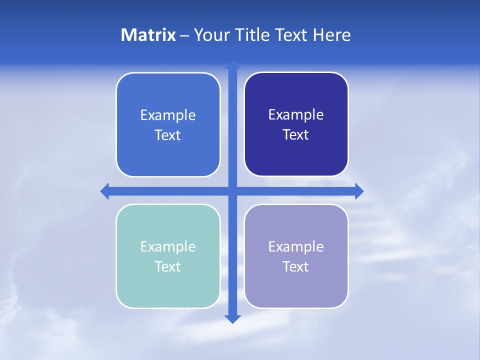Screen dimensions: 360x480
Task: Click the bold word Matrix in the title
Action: (x=148, y=35)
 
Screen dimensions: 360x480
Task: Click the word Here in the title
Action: (x=332, y=35)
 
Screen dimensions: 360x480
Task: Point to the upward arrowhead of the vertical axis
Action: (x=232, y=64)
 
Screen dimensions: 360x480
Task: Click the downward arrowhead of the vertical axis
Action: (x=232, y=319)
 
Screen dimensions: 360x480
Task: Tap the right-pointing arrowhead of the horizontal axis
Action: (x=359, y=191)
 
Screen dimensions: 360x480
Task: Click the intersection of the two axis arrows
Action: (x=232, y=191)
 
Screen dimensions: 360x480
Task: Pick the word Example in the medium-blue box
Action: (x=168, y=115)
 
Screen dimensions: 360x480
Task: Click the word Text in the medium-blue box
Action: (x=167, y=135)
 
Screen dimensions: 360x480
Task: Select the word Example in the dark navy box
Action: (x=296, y=115)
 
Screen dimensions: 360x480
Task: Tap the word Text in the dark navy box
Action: (x=295, y=135)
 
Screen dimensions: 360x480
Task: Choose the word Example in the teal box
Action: (x=168, y=247)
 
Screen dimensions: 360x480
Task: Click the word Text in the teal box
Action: (x=167, y=267)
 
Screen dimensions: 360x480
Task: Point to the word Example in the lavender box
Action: (x=296, y=247)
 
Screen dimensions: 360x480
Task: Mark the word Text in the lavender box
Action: (x=295, y=267)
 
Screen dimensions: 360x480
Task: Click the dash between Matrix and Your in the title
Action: (x=184, y=35)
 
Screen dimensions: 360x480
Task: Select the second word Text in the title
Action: (x=290, y=35)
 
